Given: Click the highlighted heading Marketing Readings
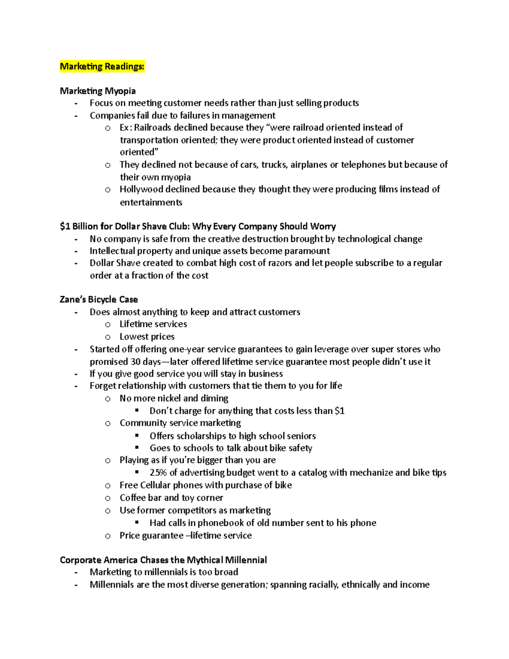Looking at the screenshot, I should click(x=102, y=66).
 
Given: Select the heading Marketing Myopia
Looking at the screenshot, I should click(x=98, y=91).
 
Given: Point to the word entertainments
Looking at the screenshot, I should click(x=151, y=202).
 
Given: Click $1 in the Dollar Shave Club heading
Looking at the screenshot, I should click(x=65, y=226).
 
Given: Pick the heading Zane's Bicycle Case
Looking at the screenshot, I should click(x=98, y=300).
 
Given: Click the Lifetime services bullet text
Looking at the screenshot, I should click(x=153, y=324).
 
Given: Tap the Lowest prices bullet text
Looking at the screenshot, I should click(x=147, y=337).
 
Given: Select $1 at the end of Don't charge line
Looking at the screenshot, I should click(x=339, y=411).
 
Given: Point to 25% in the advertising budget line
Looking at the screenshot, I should click(x=158, y=473).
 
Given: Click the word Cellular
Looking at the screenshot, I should click(x=155, y=485).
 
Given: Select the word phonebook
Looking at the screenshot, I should click(x=220, y=523).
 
